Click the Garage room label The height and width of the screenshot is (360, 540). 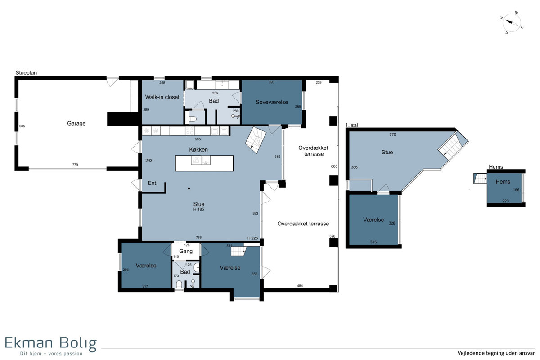click(x=76, y=123)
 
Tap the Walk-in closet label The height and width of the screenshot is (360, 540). click(x=162, y=97)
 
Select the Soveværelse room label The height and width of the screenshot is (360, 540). click(x=272, y=102)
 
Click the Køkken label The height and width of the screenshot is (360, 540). click(x=198, y=149)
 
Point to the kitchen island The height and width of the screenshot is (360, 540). click(x=204, y=163)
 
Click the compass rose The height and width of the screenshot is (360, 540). click(x=511, y=22)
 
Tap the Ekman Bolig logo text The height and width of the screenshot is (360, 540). click(x=50, y=343)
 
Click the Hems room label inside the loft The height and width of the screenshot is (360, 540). click(x=503, y=181)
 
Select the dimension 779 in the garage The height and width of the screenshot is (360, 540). click(x=75, y=165)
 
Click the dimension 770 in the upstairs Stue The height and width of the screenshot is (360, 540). click(x=392, y=135)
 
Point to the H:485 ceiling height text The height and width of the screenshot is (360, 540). click(x=198, y=209)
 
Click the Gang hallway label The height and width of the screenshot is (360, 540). click(x=185, y=251)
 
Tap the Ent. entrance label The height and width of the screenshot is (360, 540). click(x=153, y=183)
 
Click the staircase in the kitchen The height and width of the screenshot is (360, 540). click(x=256, y=140)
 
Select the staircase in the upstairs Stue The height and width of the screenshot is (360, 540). click(x=450, y=147)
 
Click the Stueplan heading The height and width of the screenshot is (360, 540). click(x=26, y=72)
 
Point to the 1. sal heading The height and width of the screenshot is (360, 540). click(x=351, y=125)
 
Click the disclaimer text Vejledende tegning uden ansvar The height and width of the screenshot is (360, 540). click(x=496, y=353)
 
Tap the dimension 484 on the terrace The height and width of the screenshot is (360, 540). click(x=300, y=286)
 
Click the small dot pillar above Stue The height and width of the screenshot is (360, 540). click(x=189, y=189)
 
